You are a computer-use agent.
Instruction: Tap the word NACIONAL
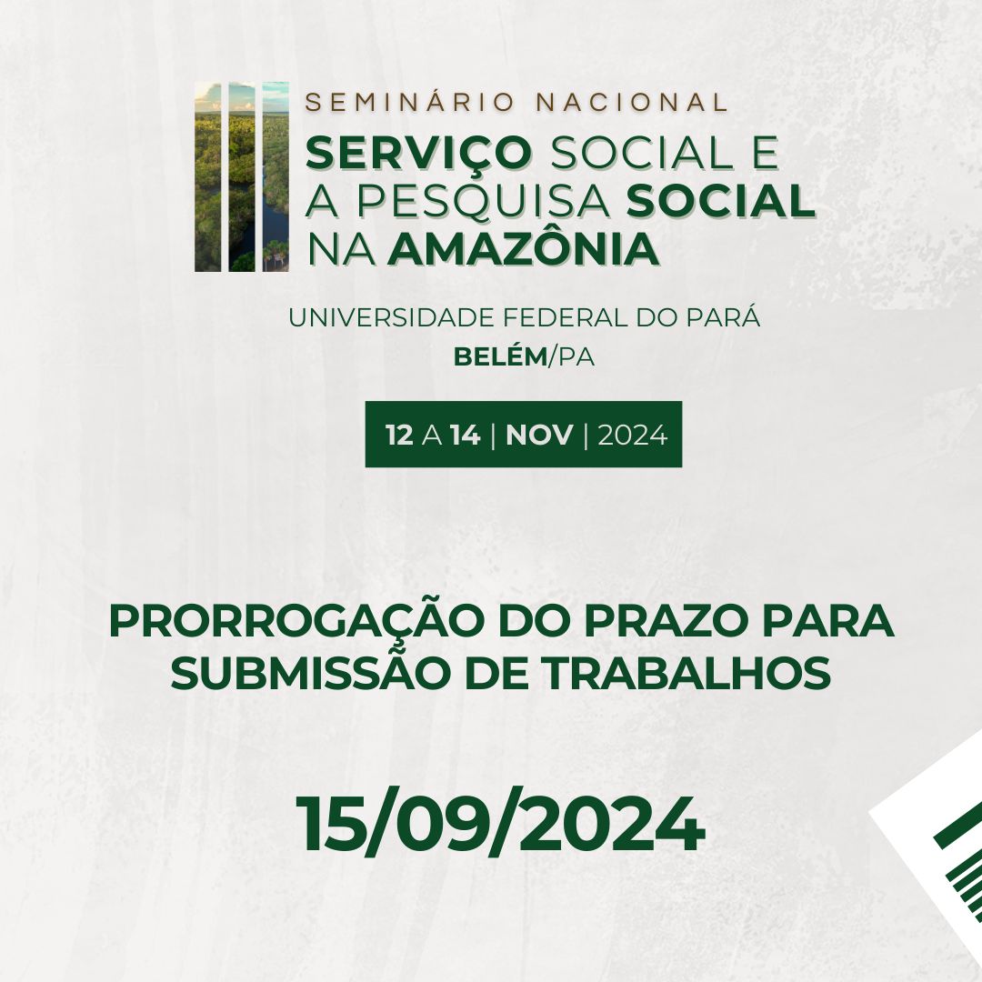click(x=632, y=102)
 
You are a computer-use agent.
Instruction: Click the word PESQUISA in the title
click(x=484, y=202)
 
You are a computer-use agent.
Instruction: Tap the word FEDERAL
click(x=566, y=318)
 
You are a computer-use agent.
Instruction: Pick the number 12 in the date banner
click(x=399, y=436)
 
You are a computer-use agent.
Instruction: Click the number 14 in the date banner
click(x=466, y=436)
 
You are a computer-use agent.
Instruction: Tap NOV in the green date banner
click(x=539, y=436)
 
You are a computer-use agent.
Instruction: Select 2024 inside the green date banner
click(x=633, y=436)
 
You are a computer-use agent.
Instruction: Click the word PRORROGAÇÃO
click(x=297, y=622)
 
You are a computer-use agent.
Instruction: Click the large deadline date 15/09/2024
click(x=500, y=824)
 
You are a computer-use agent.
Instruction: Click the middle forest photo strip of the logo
click(x=242, y=176)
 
